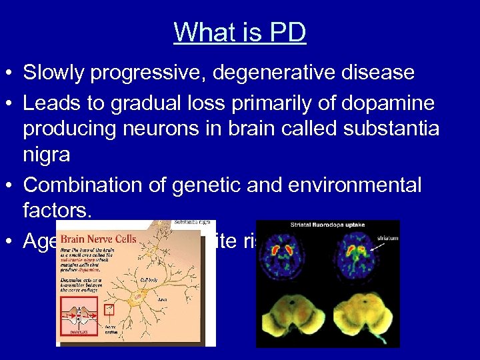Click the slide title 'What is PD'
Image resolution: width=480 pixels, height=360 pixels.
click(x=240, y=32)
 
